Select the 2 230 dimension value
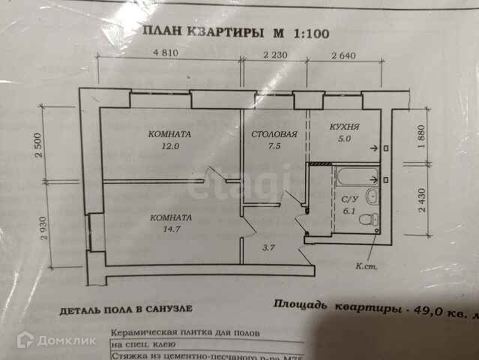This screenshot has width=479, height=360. coord(275,54)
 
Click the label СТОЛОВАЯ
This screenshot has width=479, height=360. coord(274,135)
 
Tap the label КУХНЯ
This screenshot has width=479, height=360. coord(344,127)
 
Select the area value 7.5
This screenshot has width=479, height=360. coord(274,147)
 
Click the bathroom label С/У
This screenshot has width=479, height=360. coord(348,200)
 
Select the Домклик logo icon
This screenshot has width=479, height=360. coord(25,340)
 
